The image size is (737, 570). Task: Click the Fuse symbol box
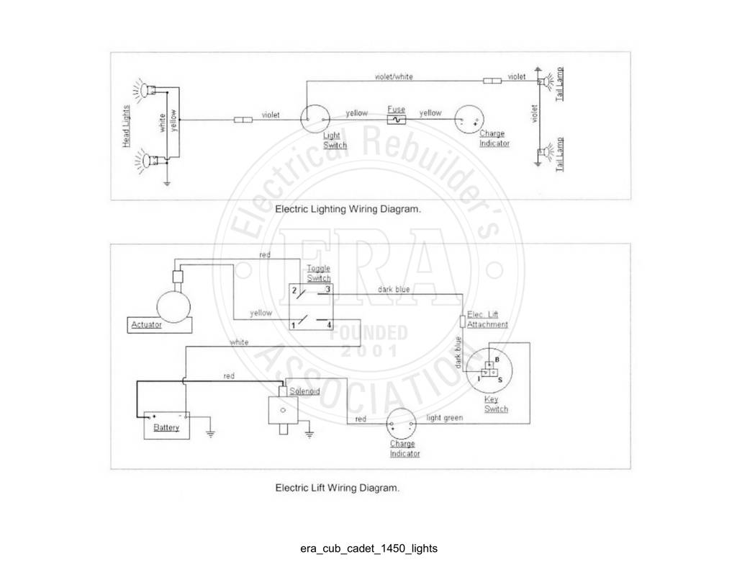[397, 120]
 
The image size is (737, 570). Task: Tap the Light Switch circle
[315, 105]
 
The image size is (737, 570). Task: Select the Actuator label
[146, 325]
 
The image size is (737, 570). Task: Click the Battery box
[166, 425]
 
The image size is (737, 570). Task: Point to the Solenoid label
[304, 391]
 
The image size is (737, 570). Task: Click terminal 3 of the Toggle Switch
[327, 290]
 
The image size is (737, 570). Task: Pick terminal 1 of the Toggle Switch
[294, 325]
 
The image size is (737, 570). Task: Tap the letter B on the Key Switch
[497, 360]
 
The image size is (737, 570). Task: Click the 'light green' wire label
[444, 418]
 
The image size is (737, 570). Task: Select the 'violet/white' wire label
[394, 76]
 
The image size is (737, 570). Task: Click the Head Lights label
[126, 126]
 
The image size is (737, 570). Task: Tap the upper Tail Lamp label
[559, 84]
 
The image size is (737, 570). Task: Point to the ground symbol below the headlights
[167, 182]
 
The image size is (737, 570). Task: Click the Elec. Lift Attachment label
[487, 320]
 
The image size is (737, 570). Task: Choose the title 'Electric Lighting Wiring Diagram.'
[348, 209]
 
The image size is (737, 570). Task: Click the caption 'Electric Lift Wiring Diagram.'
[337, 488]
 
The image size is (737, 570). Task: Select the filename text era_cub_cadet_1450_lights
[369, 549]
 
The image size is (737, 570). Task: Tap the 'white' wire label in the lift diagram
[239, 342]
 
